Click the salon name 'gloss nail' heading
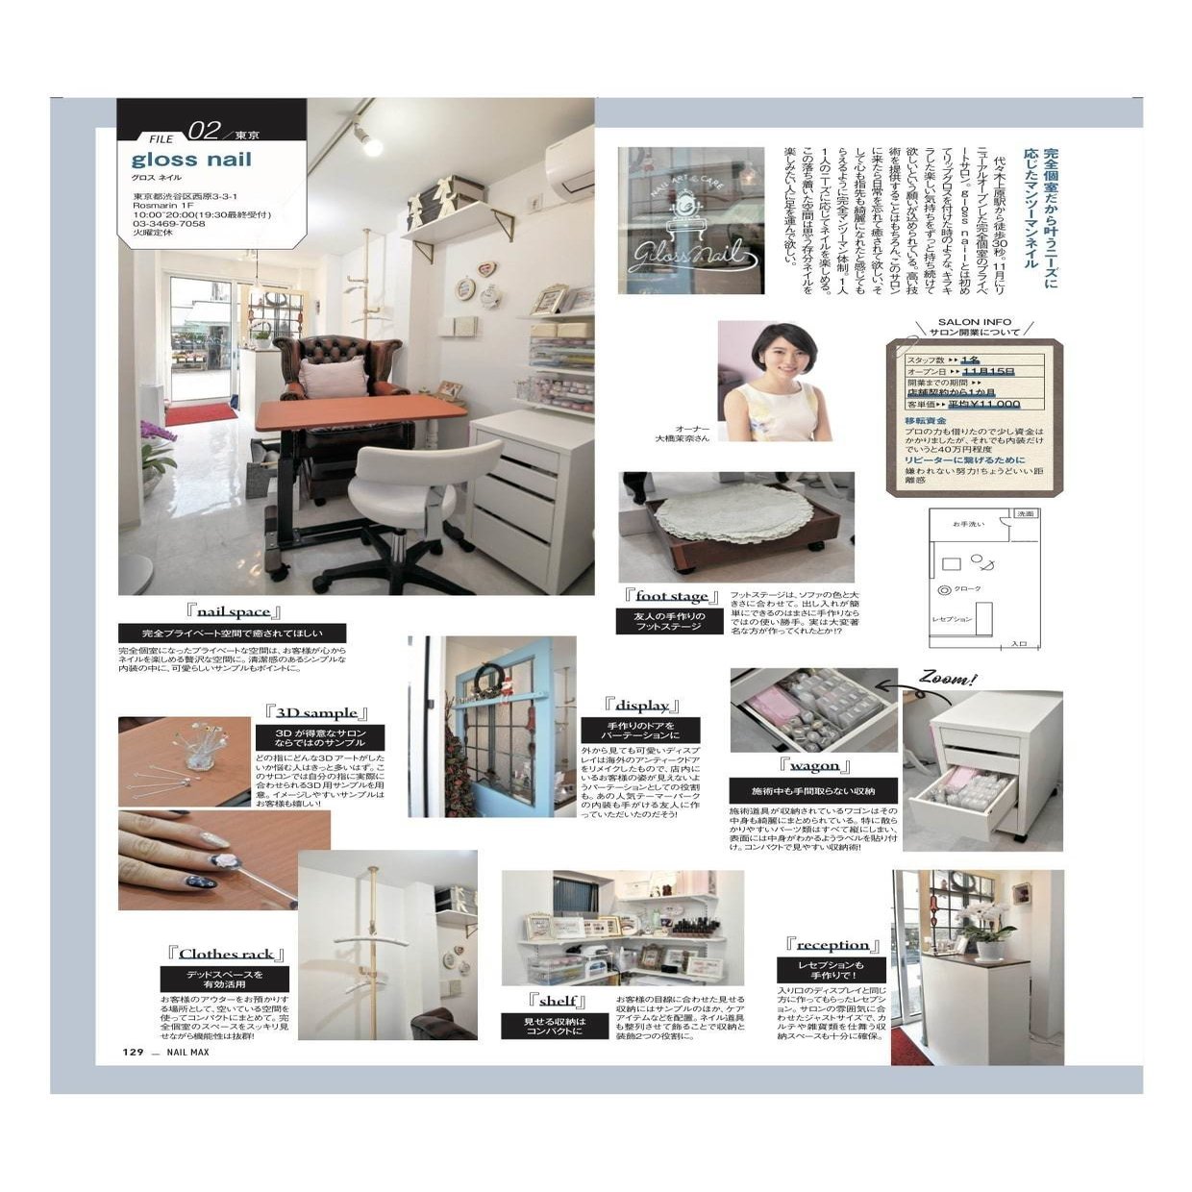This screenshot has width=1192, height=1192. pyautogui.click(x=191, y=160)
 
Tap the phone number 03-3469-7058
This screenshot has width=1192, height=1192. pyautogui.click(x=169, y=223)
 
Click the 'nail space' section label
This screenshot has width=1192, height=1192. pyautogui.click(x=235, y=611)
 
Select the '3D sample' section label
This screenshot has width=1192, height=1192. pyautogui.click(x=316, y=713)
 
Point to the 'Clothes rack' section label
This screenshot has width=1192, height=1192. pyautogui.click(x=226, y=954)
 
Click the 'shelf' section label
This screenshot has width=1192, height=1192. pyautogui.click(x=557, y=1001)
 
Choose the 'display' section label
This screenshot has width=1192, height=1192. pyautogui.click(x=642, y=706)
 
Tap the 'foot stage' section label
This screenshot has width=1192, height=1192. pyautogui.click(x=671, y=597)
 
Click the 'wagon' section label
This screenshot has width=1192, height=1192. pyautogui.click(x=814, y=766)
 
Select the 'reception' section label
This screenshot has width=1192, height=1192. pyautogui.click(x=832, y=945)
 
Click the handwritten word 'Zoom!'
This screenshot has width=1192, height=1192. pyautogui.click(x=948, y=679)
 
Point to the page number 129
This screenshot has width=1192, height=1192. pyautogui.click(x=132, y=1052)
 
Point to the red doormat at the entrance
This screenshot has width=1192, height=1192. pyautogui.click(x=200, y=414)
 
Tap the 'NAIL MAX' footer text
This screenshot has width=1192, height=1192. pyautogui.click(x=187, y=1052)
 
